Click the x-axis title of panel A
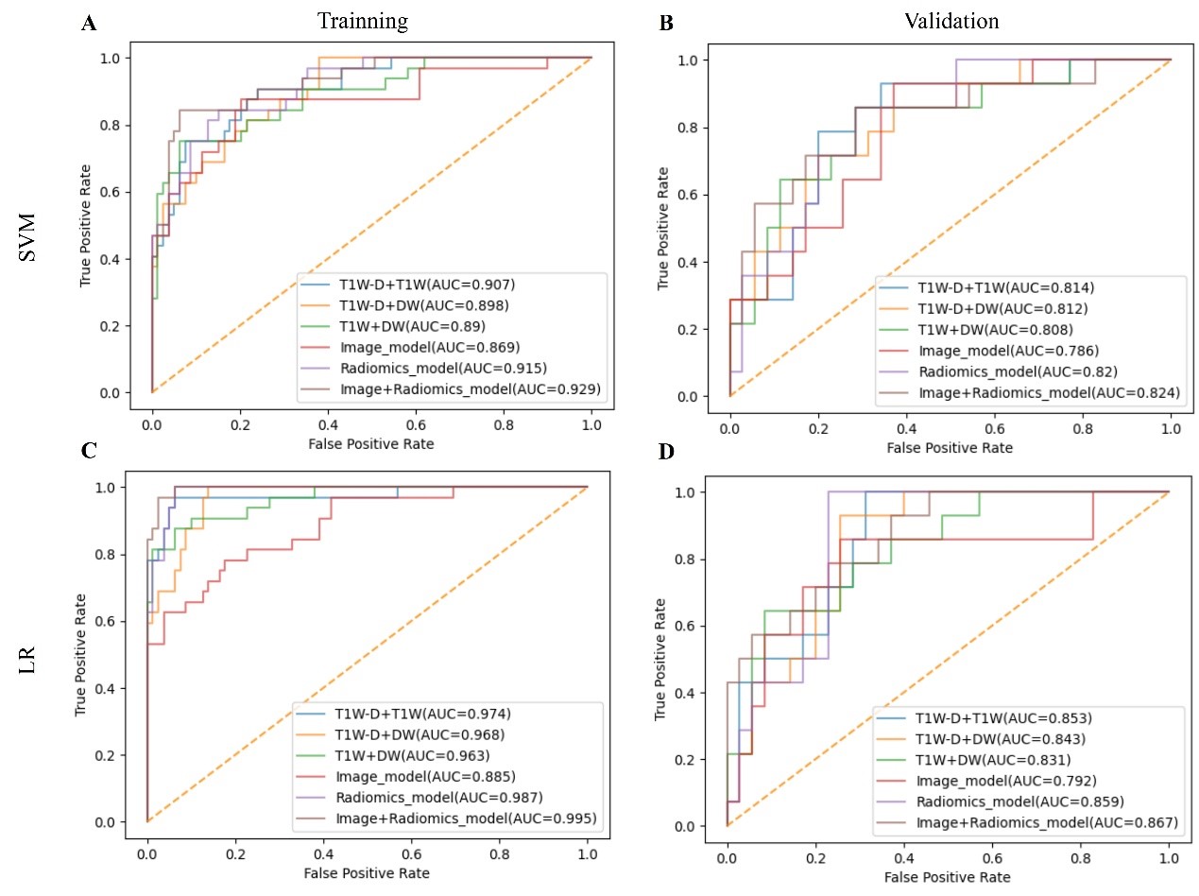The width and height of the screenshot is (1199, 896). tap(371, 440)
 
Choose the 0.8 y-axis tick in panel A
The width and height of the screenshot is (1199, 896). tap(131, 125)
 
